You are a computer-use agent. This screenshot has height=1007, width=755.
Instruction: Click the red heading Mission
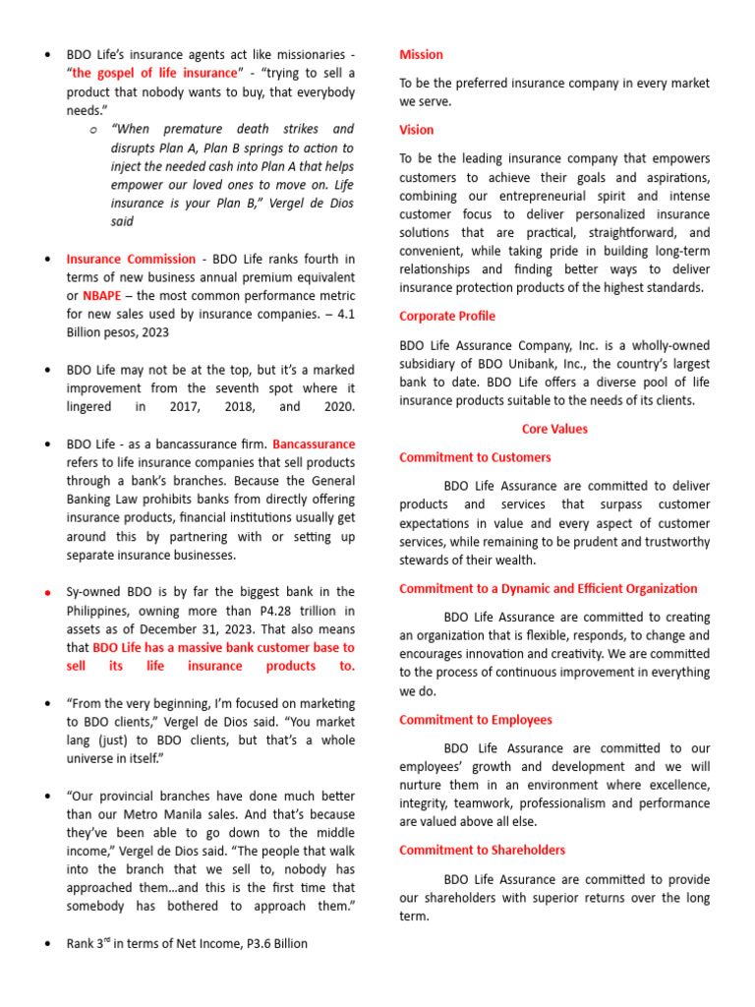pyautogui.click(x=421, y=55)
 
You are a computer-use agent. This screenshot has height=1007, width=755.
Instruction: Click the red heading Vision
pyautogui.click(x=416, y=130)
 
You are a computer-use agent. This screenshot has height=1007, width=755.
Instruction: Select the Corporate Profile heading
pyautogui.click(x=446, y=317)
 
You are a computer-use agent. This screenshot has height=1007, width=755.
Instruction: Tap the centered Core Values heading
pyautogui.click(x=554, y=430)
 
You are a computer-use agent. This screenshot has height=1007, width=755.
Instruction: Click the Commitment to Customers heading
pyautogui.click(x=475, y=457)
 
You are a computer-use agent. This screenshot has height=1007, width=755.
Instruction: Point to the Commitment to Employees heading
pyautogui.click(x=475, y=720)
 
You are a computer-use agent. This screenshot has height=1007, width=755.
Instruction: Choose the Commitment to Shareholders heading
pyautogui.click(x=482, y=850)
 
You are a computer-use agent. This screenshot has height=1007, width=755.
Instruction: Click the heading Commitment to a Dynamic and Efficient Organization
pyautogui.click(x=548, y=589)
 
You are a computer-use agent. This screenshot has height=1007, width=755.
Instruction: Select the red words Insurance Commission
pyautogui.click(x=131, y=260)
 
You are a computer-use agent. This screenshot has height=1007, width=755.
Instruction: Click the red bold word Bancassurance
pyautogui.click(x=314, y=444)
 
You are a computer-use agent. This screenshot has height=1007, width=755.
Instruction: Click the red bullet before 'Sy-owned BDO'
pyautogui.click(x=47, y=593)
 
